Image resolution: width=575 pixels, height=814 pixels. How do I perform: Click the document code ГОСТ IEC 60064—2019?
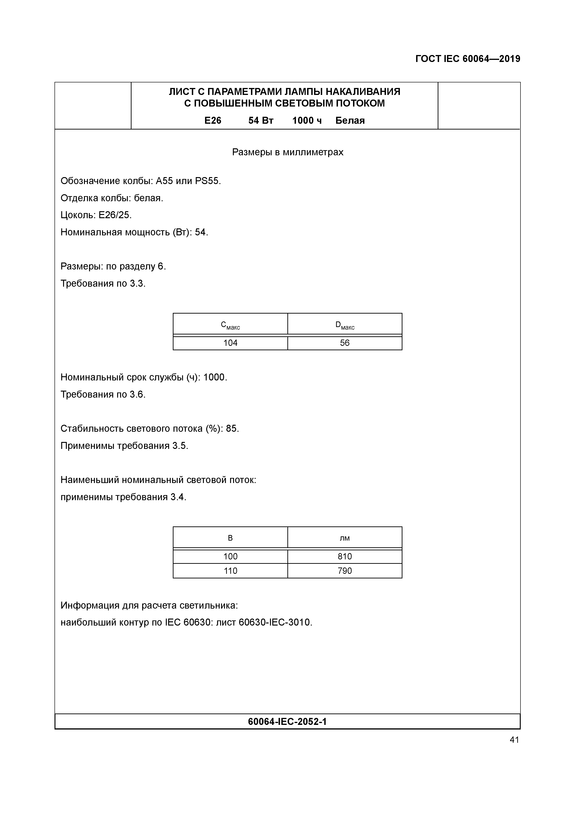[467, 59]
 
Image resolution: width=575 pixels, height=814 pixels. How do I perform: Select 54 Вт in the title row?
[261, 120]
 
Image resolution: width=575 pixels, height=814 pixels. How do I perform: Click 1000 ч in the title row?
[307, 120]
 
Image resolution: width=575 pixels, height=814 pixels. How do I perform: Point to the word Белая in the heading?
[350, 120]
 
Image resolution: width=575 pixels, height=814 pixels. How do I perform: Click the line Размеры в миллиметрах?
[287, 152]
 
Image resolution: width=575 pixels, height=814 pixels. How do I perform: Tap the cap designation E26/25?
[115, 215]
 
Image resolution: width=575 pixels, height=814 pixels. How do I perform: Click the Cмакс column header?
[230, 325]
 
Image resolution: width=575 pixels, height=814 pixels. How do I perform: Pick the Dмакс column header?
[345, 325]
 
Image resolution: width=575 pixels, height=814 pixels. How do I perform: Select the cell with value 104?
[230, 343]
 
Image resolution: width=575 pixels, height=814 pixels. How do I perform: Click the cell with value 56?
[345, 343]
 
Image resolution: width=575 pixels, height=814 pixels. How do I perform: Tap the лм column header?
[345, 538]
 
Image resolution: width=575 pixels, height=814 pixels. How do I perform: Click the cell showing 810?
[345, 556]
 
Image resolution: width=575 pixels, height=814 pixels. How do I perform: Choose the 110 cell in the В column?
[230, 571]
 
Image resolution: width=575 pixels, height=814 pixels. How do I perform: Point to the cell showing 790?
[345, 571]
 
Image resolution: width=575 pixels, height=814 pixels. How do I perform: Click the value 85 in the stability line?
[232, 429]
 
